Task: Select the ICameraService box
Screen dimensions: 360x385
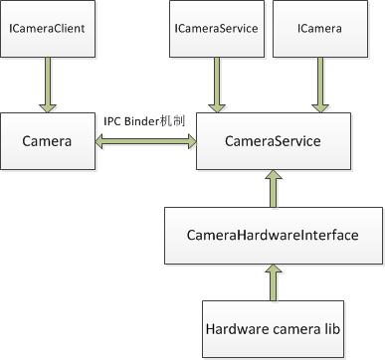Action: (x=215, y=29)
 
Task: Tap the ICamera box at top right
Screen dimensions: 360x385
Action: (x=319, y=29)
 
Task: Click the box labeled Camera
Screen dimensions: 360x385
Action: (x=47, y=141)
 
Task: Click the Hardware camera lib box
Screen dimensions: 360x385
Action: (x=272, y=328)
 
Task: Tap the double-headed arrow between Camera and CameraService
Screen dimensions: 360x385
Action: (x=144, y=142)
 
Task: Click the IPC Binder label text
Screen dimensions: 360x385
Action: (x=145, y=120)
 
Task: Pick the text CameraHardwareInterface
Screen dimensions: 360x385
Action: (x=271, y=236)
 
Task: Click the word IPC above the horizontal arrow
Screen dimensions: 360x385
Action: (x=113, y=120)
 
